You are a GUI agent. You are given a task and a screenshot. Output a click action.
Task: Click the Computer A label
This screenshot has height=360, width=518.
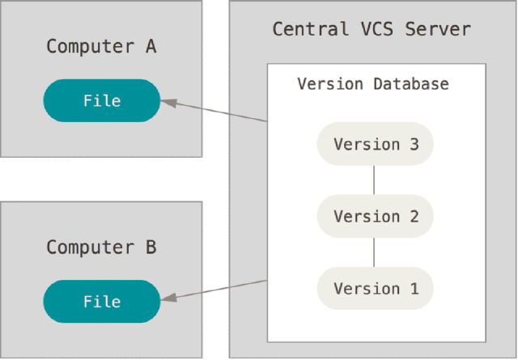101,46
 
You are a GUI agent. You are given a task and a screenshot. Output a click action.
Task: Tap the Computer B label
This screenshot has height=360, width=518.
101,247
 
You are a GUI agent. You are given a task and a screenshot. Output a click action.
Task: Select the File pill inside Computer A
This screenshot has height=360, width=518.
102,101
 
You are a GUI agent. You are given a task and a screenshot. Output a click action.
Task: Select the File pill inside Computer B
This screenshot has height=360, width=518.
102,302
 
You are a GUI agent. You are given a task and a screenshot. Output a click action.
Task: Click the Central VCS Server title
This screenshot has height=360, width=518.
371,30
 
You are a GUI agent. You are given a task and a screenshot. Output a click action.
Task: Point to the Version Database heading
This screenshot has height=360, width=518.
373,84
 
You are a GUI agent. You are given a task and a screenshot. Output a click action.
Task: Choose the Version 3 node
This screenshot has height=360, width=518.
376,145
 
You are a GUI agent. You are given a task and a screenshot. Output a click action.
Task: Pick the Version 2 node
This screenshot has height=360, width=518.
376,217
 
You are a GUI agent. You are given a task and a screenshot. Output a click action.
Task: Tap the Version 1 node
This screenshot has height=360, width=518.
376,289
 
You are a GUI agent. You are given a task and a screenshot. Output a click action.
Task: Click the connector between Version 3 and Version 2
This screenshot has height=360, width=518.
374,180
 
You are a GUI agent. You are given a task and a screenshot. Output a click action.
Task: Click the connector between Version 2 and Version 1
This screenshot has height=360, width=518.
374,252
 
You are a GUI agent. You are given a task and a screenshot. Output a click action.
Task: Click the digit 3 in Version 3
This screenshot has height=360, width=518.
414,145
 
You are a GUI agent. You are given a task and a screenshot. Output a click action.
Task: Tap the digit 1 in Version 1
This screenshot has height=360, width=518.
414,289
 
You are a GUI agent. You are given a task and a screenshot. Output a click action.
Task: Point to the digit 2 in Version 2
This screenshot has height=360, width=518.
414,217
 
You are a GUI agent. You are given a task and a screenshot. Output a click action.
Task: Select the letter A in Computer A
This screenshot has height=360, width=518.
151,46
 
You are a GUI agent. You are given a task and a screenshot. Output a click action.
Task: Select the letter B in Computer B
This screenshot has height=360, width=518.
151,247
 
